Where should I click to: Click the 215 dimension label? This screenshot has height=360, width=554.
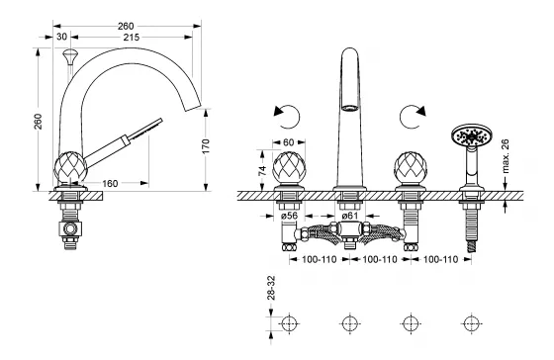tap(131, 38)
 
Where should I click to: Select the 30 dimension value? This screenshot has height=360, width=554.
tap(61, 37)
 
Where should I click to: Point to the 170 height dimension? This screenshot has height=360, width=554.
tap(206, 146)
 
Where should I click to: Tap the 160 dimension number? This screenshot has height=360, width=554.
tap(110, 183)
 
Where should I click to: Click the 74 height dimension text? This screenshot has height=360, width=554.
tap(262, 171)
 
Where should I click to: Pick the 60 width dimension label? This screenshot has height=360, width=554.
tap(288, 142)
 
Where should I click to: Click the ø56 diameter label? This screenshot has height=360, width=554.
tap(289, 216)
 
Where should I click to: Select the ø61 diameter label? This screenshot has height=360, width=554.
tap(350, 216)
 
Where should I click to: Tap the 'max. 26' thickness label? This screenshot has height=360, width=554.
tap(506, 156)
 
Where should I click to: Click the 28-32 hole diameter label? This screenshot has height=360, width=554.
tap(271, 288)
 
